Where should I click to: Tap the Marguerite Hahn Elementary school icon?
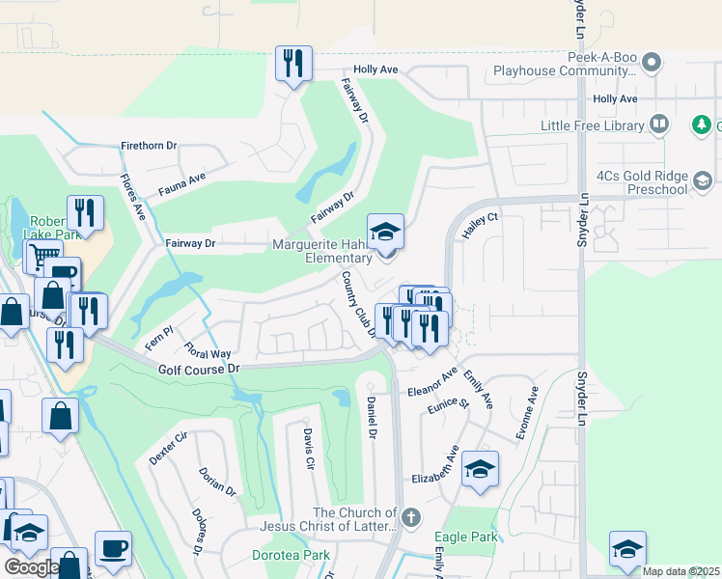(x=386, y=233)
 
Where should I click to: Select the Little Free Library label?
(x=592, y=125)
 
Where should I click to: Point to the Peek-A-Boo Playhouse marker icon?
(x=653, y=63)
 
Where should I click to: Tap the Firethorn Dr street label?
(x=149, y=146)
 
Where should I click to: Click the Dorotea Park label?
(x=291, y=555)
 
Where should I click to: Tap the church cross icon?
(x=411, y=518)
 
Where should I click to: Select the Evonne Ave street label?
(x=526, y=414)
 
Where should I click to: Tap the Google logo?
(x=31, y=567)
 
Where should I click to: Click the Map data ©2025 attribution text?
(x=680, y=571)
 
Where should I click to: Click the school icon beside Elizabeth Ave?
(x=480, y=469)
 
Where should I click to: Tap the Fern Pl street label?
(x=157, y=338)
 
